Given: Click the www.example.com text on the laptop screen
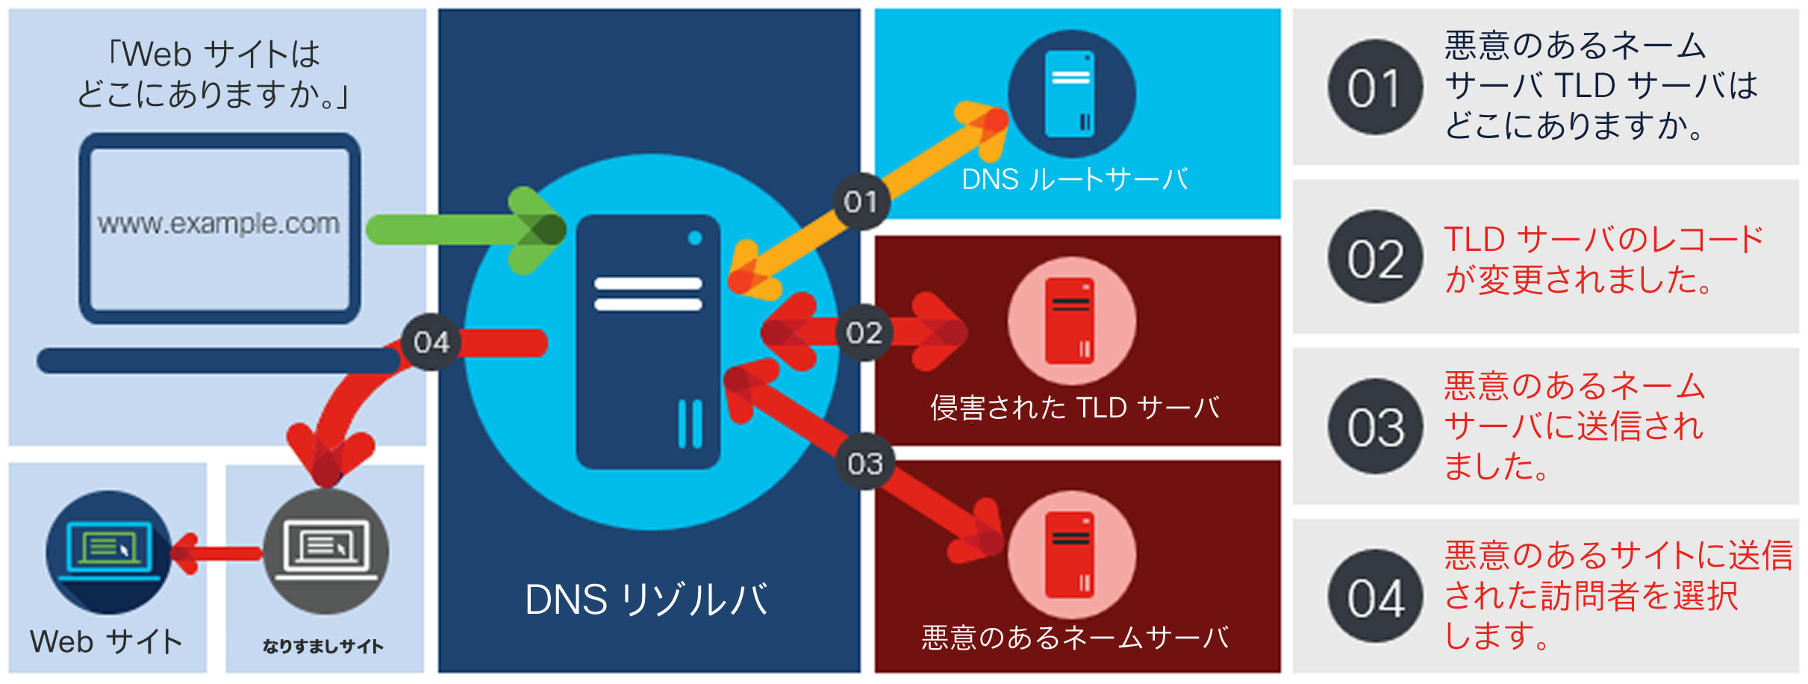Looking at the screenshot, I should [x=218, y=223].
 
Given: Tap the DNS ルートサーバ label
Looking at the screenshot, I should [x=1074, y=180].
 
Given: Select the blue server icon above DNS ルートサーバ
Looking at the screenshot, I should [x=1071, y=94].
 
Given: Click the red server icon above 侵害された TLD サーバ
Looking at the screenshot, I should [x=1071, y=321].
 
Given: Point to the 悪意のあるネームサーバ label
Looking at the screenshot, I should [x=1074, y=638].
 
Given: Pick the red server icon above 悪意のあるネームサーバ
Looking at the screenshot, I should [x=1071, y=555].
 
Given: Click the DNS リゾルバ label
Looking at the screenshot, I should [x=646, y=600].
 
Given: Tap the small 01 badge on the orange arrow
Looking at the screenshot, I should [x=861, y=202].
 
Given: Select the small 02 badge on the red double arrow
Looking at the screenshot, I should [x=864, y=333].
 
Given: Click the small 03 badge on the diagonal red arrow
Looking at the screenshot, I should [x=865, y=464].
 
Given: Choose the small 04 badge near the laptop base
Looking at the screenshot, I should [x=431, y=343].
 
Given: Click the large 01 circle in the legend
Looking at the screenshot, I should [x=1375, y=88].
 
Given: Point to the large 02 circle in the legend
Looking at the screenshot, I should [x=1375, y=258].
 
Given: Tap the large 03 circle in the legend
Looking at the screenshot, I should [x=1375, y=427].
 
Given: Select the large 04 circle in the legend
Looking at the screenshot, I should [x=1375, y=597].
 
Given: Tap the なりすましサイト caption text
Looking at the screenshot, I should [x=323, y=647].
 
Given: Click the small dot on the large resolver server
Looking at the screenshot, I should [x=695, y=238].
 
